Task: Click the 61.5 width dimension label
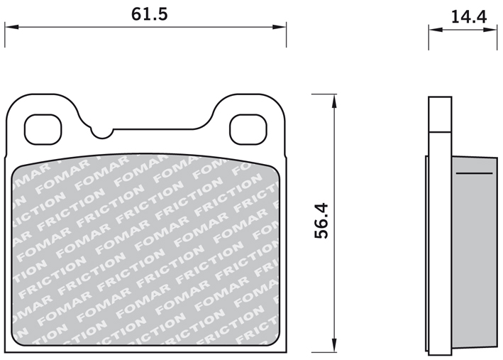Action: click(149, 14)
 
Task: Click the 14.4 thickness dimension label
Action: click(469, 17)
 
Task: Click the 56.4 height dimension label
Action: click(321, 221)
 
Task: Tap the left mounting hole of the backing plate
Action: click(43, 129)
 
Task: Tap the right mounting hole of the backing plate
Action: click(248, 129)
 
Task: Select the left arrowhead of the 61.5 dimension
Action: click(11, 27)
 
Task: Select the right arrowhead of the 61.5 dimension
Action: click(279, 27)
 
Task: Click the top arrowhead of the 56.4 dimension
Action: click(334, 101)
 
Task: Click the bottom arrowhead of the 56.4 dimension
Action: click(334, 345)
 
